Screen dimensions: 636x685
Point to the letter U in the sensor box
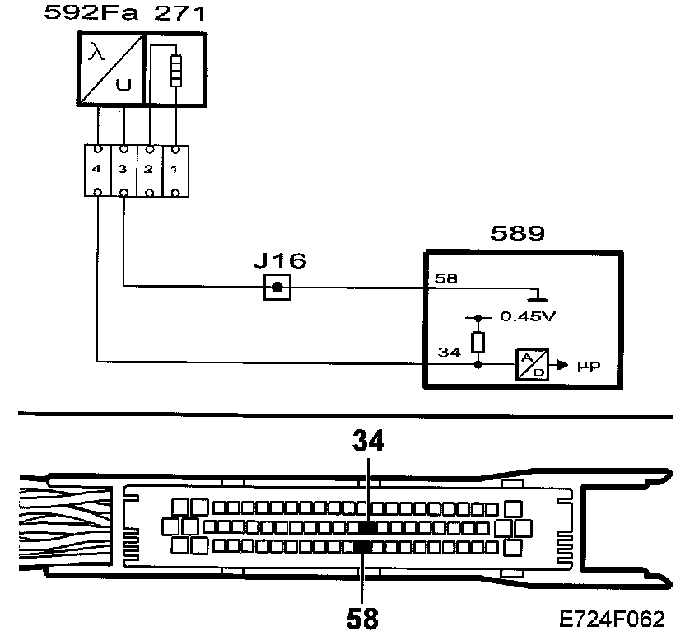123,85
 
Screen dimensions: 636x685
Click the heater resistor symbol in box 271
174,71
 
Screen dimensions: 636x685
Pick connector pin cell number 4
98,170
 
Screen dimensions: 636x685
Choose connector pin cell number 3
123,170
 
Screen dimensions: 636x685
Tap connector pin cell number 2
148,170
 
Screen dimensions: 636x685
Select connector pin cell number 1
174,170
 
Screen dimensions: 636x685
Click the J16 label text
279,262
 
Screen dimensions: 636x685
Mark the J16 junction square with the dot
278,288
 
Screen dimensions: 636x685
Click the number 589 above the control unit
517,233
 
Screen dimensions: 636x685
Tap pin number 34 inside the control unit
448,353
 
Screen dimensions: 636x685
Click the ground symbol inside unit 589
536,295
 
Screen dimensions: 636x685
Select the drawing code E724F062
611,618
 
